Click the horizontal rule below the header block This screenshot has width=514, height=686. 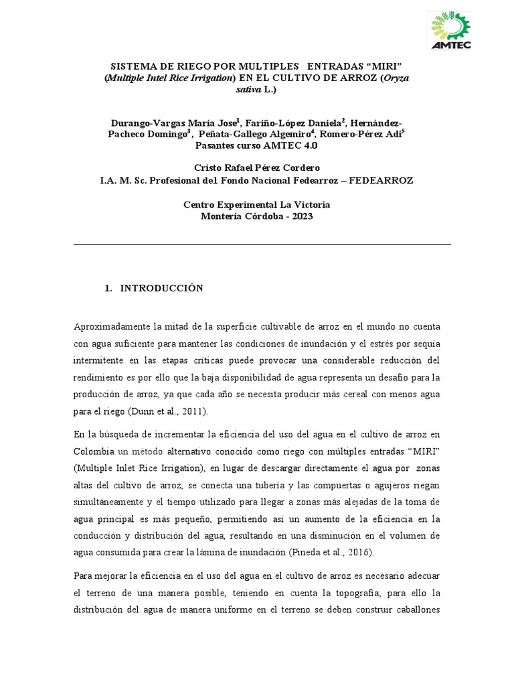(262, 245)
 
